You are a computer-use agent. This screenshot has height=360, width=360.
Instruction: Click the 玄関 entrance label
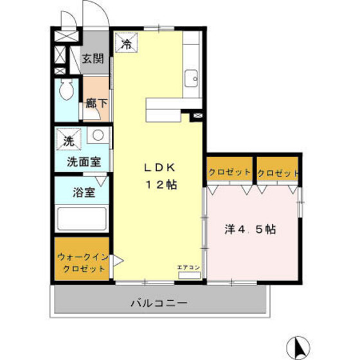(x=93, y=59)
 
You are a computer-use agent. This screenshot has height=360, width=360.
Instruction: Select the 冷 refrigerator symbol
(x=127, y=44)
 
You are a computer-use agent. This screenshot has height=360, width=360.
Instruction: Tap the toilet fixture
(x=66, y=90)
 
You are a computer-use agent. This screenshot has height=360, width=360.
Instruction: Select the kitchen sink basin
(x=191, y=80)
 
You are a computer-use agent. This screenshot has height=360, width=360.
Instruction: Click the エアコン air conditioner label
(x=189, y=267)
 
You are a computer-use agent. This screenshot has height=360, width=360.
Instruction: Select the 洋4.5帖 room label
(x=250, y=229)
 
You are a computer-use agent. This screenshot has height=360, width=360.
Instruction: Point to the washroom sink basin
(x=98, y=136)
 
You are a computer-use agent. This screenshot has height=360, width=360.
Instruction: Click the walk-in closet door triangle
(x=118, y=261)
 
